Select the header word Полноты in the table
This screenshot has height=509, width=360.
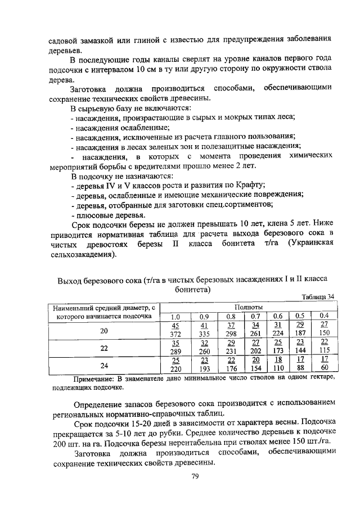pos(247,307)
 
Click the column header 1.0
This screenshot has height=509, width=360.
pos(175,316)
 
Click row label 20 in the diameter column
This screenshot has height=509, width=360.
pos(103,331)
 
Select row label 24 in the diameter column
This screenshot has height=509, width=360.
pos(103,365)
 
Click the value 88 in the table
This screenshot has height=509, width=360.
pos(300,369)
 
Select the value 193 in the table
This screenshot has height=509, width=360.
pos(204,370)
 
